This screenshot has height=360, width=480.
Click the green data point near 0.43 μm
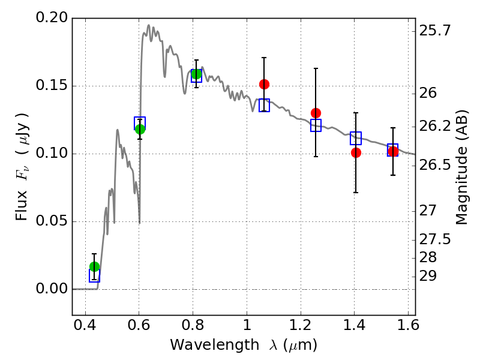click(x=95, y=266)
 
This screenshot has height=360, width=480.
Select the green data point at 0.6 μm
click(x=140, y=129)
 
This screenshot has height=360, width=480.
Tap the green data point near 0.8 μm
click(x=197, y=74)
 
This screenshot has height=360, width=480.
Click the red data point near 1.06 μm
click(x=264, y=84)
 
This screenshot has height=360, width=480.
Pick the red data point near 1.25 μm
click(x=316, y=113)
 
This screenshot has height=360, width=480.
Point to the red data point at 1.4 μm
click(x=356, y=152)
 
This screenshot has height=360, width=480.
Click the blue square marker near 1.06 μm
click(x=264, y=106)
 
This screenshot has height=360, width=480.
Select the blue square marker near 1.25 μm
click(x=316, y=125)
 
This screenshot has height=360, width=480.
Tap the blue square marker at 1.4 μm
click(x=356, y=138)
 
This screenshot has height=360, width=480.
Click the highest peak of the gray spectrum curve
click(x=149, y=25)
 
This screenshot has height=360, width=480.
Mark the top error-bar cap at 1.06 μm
click(x=264, y=58)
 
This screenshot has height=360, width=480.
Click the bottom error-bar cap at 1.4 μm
click(x=356, y=193)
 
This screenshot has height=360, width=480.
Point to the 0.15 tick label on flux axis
click(x=52, y=85)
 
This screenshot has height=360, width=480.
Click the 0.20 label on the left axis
click(x=52, y=17)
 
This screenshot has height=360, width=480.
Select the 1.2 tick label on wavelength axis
click(x=301, y=325)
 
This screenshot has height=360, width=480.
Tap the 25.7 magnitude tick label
click(x=434, y=31)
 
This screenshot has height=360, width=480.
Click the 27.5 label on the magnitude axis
click(x=434, y=239)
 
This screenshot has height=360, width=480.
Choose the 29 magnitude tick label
click(x=428, y=276)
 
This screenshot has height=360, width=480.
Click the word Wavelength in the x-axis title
click(x=215, y=345)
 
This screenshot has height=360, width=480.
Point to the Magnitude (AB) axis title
click(x=461, y=167)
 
